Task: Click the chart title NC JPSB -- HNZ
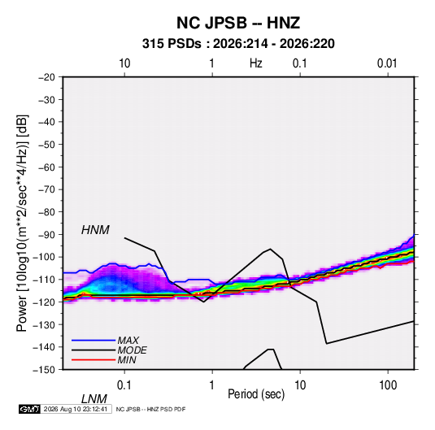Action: pos(238,23)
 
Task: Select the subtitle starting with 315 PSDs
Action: pos(238,44)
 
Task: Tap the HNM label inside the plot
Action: pos(95,230)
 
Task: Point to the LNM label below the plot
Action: pos(94,399)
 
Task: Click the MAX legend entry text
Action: pos(128,341)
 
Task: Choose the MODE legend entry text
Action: pos(132,350)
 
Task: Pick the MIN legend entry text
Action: pos(127,360)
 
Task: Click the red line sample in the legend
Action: pos(94,360)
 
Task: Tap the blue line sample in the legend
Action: pos(94,341)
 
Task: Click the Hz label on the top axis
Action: pos(255,63)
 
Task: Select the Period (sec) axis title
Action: pos(256,394)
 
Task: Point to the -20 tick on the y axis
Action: pos(46,77)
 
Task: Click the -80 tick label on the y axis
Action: pos(46,212)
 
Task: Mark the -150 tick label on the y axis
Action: pos(44,370)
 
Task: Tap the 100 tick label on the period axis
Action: pos(388,385)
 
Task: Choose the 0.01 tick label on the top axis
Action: pos(387,63)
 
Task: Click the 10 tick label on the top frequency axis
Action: pos(124,63)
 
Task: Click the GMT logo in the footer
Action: pos(29,409)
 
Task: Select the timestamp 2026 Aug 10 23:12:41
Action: pos(76,409)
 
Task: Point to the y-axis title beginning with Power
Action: pos(23,223)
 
